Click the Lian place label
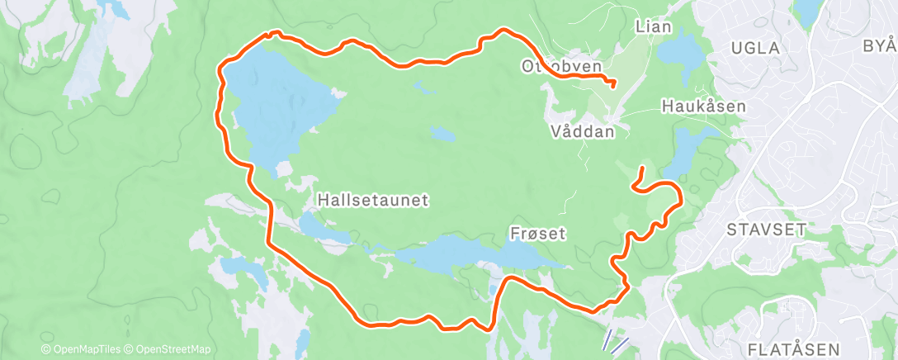654,26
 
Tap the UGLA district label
755,48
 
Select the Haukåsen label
703,106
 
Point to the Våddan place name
583,131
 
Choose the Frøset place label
536,234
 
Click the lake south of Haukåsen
685,153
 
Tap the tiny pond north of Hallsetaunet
441,133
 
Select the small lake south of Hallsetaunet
318,225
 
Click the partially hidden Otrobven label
561,65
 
